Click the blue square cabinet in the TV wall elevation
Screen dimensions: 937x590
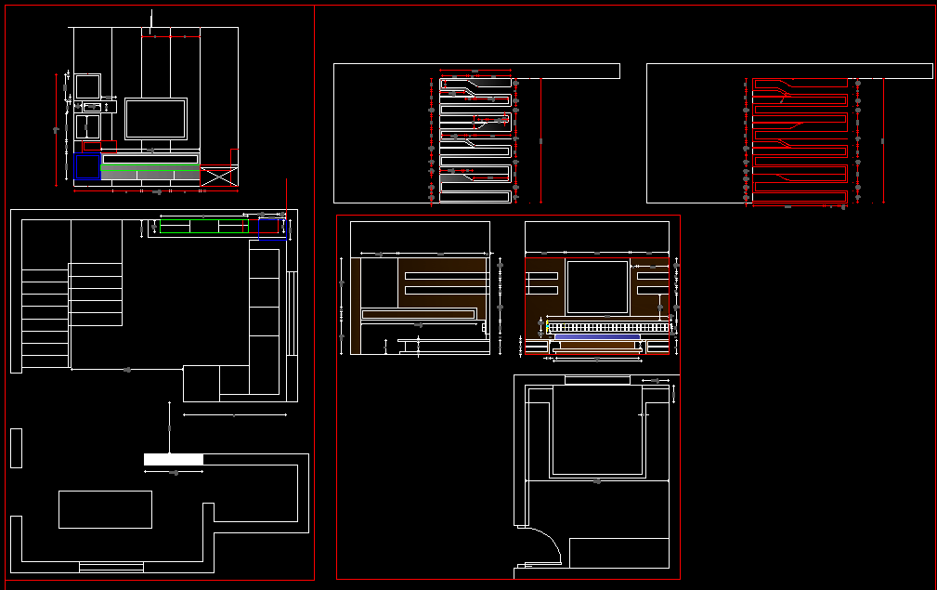87,166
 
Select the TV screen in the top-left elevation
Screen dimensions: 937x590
156,119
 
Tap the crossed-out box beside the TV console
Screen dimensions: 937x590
218,177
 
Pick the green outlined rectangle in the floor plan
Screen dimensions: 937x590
204,226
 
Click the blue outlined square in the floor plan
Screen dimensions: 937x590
271,229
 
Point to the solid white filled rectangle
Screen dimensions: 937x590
173,460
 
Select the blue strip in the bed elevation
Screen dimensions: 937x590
597,337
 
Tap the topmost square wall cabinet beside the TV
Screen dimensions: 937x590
87,86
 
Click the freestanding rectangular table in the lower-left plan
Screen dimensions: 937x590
105,509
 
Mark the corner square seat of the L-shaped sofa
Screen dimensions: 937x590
201,382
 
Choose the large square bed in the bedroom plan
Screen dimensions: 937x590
597,430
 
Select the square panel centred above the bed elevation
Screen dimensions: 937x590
597,287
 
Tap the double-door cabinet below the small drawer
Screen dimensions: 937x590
88,127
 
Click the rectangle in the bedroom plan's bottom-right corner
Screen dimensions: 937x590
618,553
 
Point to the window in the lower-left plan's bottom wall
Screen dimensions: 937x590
111,567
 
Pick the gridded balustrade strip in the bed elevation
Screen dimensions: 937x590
608,327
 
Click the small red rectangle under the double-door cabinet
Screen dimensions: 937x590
91,147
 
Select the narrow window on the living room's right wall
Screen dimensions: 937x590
292,312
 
